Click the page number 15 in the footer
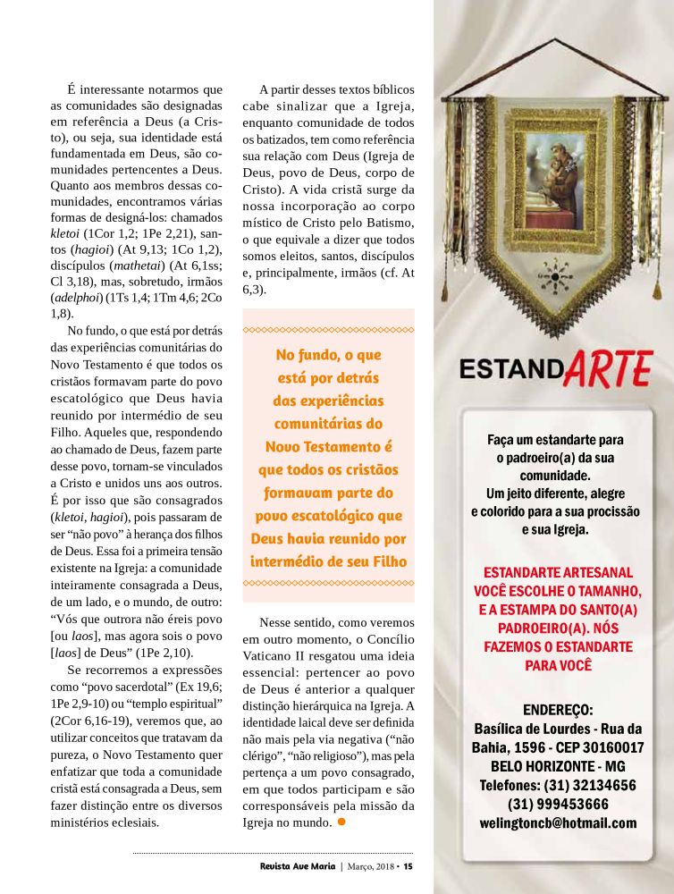[408, 865]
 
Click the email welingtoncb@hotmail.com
[558, 823]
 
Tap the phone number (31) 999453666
[558, 804]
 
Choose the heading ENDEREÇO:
[558, 710]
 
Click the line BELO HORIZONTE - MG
[558, 766]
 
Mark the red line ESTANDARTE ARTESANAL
[558, 572]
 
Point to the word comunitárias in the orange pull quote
[328, 423]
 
